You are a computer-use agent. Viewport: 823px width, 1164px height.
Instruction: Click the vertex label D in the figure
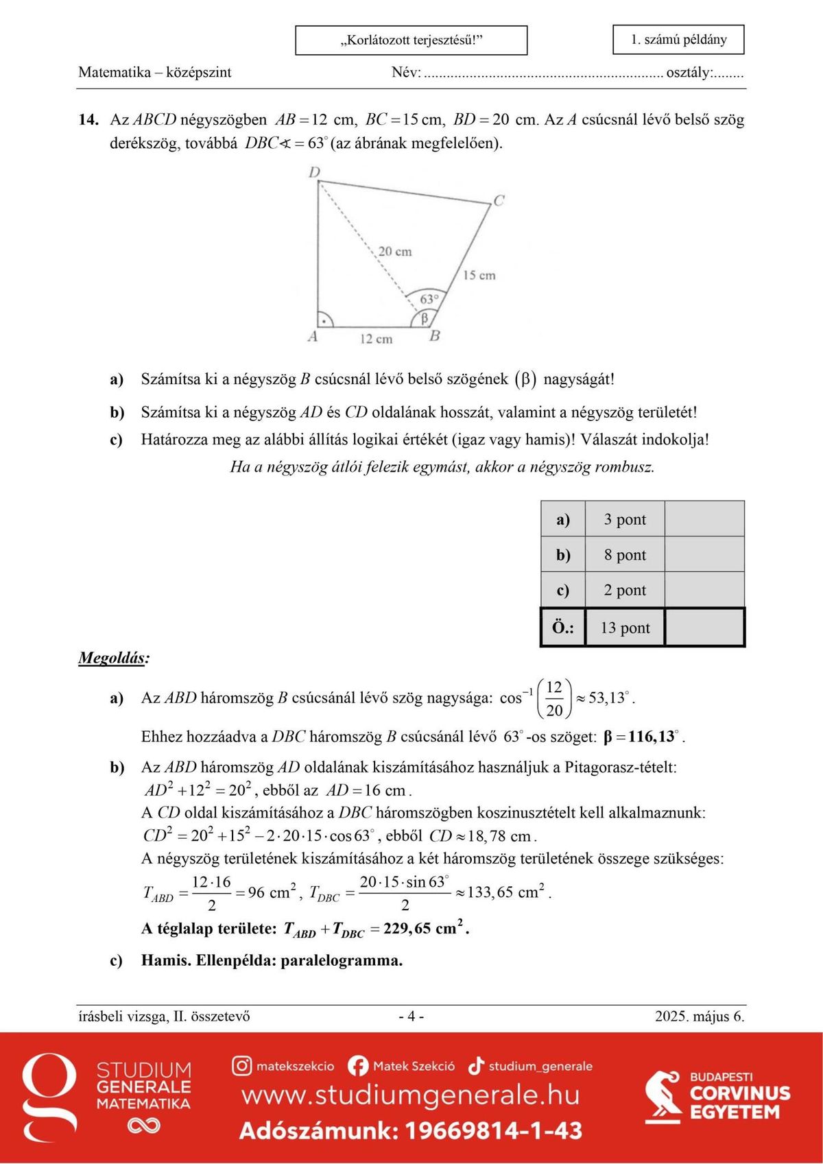tap(314, 171)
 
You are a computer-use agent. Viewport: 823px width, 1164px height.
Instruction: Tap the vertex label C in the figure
tap(499, 200)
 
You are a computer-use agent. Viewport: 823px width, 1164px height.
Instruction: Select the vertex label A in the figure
tap(313, 337)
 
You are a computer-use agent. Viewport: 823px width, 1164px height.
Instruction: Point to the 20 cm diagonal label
tap(395, 252)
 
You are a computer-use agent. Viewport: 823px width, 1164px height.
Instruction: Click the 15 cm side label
tap(479, 275)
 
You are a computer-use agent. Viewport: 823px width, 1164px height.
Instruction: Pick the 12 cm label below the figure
tap(376, 339)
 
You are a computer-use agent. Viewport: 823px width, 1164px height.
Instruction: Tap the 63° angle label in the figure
tap(429, 299)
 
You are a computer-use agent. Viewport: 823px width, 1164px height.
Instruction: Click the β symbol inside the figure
tap(425, 318)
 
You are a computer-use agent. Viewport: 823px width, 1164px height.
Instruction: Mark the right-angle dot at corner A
tap(324, 320)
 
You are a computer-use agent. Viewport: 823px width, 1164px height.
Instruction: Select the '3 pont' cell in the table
tap(625, 519)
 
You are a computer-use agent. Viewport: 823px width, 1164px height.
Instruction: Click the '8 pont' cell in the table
tap(625, 555)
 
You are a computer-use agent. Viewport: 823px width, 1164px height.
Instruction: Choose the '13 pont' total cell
tap(625, 628)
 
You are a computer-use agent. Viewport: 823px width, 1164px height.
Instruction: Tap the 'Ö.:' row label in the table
tap(563, 628)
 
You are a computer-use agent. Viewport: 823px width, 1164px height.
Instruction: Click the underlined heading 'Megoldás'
tap(112, 658)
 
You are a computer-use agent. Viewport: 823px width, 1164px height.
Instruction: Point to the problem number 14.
tap(88, 120)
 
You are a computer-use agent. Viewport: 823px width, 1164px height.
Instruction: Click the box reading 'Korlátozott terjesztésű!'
tap(411, 40)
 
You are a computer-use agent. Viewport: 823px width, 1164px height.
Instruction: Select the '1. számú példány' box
tap(678, 40)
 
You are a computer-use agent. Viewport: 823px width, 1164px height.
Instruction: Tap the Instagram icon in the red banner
tap(241, 1066)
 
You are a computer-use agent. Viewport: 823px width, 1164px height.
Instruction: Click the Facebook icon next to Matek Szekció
tap(358, 1066)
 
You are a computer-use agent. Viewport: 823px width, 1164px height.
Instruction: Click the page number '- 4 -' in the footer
tap(411, 1017)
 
